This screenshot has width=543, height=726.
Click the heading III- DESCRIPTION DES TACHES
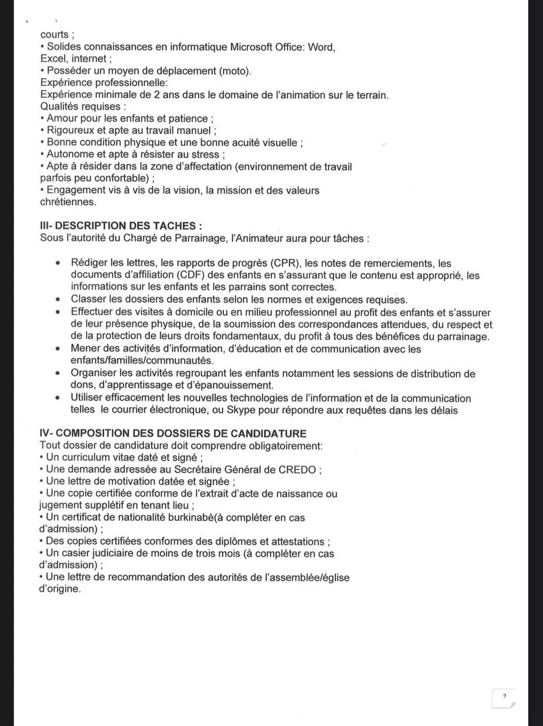click(x=121, y=227)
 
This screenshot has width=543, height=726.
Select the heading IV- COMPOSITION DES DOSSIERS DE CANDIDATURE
click(x=173, y=434)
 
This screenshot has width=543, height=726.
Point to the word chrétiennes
click(x=68, y=202)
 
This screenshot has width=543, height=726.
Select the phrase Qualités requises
click(x=82, y=106)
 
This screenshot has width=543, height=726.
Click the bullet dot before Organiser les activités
click(x=58, y=374)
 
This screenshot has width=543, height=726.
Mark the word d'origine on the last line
click(x=60, y=589)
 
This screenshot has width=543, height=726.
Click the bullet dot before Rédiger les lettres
click(x=58, y=263)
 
